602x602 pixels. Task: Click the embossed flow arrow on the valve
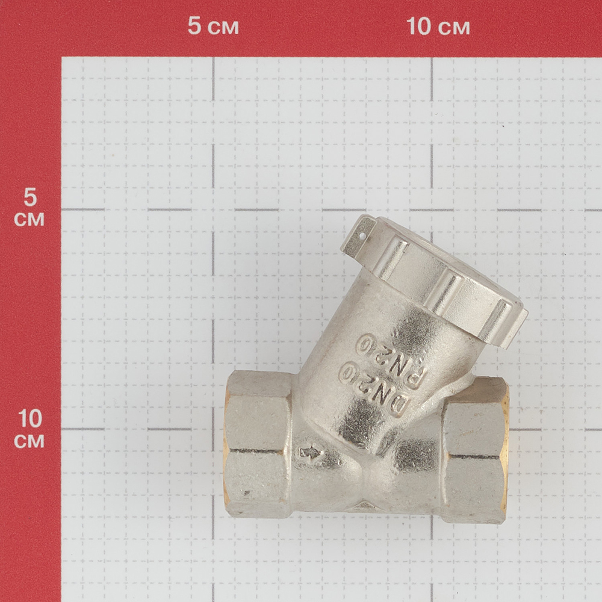310,454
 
